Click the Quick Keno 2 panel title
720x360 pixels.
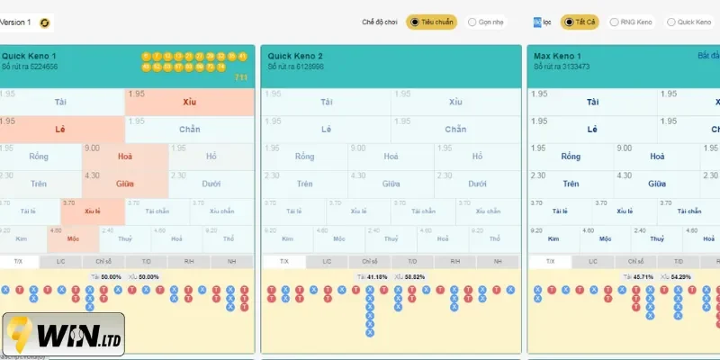click(295, 56)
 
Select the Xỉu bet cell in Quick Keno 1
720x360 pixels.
click(189, 102)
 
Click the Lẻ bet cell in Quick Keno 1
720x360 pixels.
click(60, 129)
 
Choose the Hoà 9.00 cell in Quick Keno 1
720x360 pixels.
click(125, 156)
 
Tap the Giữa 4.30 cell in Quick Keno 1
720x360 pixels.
click(125, 183)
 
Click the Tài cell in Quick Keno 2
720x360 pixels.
click(326, 102)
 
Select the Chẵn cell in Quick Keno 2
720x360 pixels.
click(455, 129)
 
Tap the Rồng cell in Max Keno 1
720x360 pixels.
click(570, 156)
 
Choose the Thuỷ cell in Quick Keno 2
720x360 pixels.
click(391, 238)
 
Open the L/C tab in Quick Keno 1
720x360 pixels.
click(60, 261)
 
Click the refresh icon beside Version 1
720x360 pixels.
click(45, 22)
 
